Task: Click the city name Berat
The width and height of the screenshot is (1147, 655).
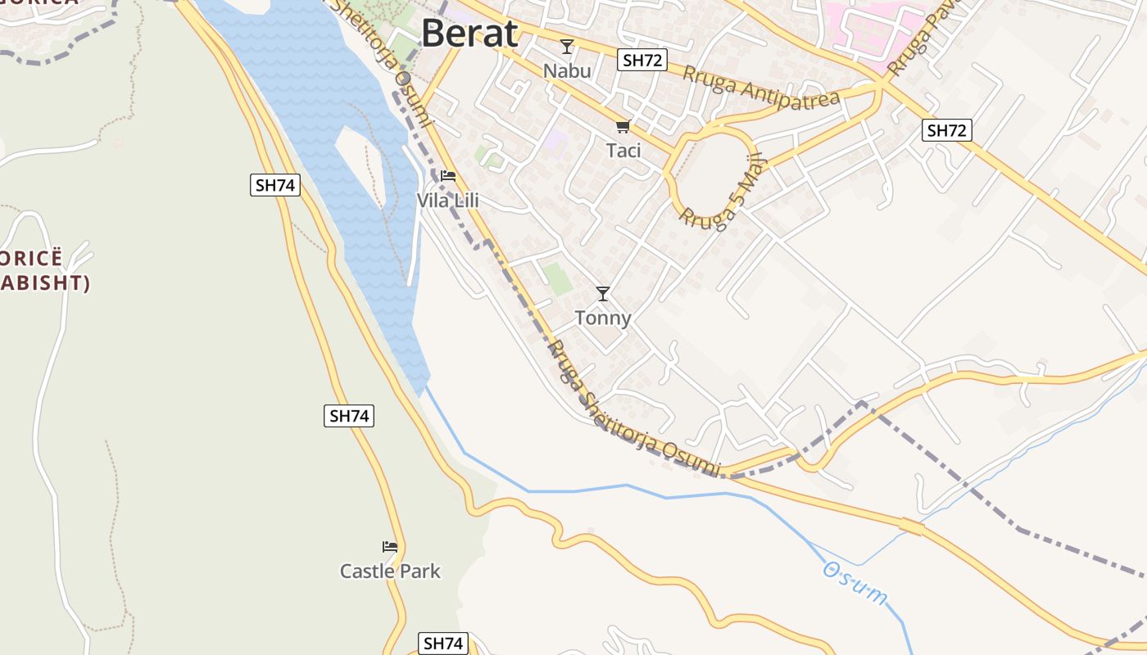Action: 469,34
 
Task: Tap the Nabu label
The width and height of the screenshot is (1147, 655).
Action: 567,70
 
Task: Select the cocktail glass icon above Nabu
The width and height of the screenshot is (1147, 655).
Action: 566,47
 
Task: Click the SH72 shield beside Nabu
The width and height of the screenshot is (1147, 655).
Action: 642,60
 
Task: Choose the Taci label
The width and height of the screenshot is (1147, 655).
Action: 623,151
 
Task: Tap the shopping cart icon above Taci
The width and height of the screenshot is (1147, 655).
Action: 623,126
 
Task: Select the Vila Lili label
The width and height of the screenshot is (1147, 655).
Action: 447,201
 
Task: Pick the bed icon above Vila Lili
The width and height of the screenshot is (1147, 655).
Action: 447,175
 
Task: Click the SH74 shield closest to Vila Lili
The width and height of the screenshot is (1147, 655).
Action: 274,185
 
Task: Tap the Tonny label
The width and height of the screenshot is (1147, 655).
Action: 603,318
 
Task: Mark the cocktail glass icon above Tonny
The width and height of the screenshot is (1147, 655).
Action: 603,293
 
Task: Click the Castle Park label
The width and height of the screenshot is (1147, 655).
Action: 390,571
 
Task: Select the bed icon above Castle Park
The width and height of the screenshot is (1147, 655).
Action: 390,546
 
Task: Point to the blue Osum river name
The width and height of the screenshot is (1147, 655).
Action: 855,583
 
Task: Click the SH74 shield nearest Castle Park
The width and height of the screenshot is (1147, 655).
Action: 349,416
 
